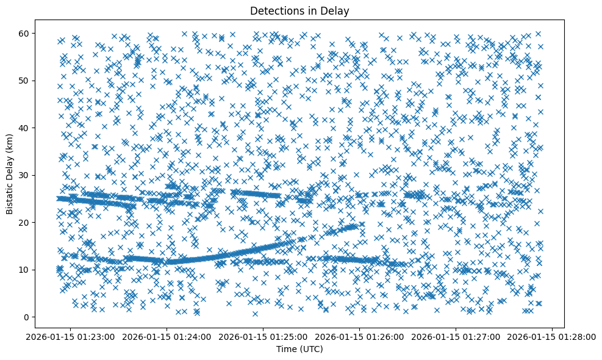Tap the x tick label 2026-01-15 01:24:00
pos(168,336)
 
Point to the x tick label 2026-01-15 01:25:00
pos(264,336)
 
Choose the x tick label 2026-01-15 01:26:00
pos(360,336)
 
